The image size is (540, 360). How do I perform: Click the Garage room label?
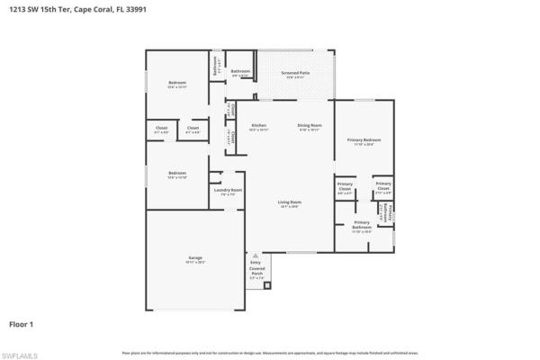click(195, 260)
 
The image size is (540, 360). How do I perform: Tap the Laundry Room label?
click(228, 190)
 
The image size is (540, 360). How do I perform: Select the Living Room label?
click(289, 203)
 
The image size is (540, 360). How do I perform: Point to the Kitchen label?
click(259, 126)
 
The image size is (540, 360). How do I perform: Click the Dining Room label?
click(310, 126)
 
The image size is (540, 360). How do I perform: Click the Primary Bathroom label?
click(362, 225)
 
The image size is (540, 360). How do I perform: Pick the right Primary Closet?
click(383, 188)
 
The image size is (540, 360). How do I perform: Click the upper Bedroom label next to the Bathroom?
click(177, 85)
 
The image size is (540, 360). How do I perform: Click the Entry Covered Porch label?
click(257, 269)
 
